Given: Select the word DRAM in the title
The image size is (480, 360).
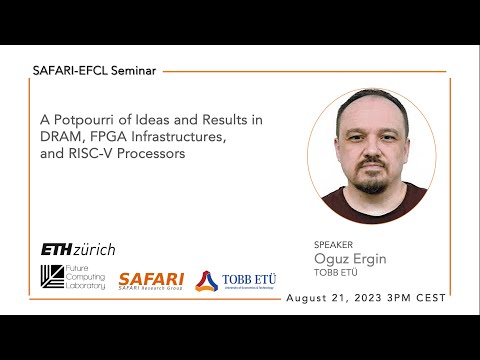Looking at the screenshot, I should (x=62, y=138).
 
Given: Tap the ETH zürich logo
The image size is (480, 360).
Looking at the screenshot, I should (x=77, y=248).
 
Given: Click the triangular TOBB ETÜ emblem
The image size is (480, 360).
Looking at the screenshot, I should (x=206, y=281).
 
